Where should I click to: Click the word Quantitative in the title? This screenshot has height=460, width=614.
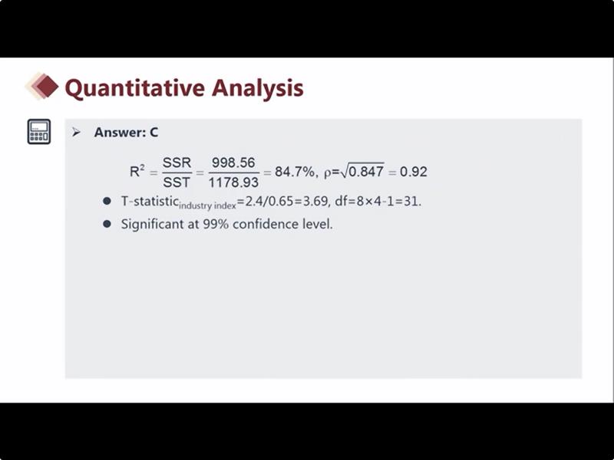point(135,88)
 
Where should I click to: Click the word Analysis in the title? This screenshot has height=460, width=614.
point(258,88)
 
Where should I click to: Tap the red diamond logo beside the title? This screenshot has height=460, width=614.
point(42,86)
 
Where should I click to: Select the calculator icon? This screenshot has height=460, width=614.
point(39,131)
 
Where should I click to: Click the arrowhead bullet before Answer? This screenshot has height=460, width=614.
point(76,132)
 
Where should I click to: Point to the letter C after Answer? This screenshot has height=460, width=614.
point(154,132)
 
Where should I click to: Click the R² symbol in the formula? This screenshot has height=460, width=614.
point(137,171)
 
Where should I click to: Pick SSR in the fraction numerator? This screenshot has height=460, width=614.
point(177,163)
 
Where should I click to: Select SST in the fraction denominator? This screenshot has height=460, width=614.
point(177,182)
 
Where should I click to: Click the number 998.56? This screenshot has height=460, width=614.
point(233,163)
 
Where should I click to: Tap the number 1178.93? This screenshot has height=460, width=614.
point(233,182)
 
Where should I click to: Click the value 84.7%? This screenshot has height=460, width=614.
point(295,171)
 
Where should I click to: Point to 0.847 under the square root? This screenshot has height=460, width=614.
point(366,171)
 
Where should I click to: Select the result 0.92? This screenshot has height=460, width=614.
point(413,171)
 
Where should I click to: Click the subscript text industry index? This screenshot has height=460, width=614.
point(207,205)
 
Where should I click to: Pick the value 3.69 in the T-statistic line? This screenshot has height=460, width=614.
point(315,201)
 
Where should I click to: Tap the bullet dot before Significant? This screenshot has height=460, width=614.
point(107,224)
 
